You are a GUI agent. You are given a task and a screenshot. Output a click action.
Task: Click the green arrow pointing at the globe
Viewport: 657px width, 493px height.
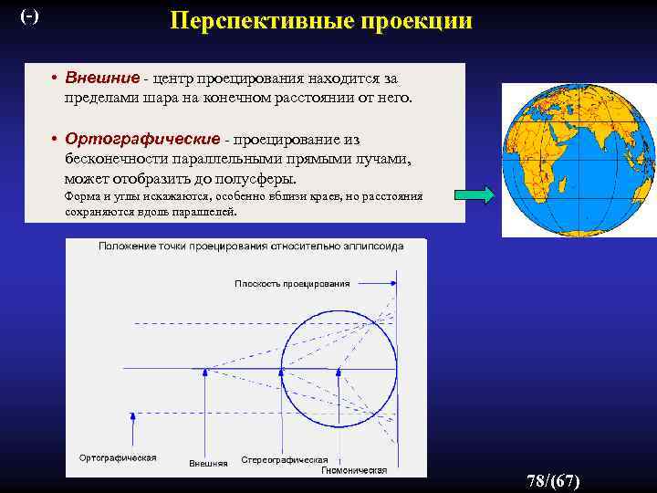(474, 194)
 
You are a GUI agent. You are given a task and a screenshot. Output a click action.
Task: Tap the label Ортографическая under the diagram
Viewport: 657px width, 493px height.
(118, 456)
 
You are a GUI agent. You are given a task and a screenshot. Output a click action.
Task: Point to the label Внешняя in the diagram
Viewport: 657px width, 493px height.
(208, 463)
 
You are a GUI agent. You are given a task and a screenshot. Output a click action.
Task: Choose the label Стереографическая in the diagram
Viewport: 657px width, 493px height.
(284, 459)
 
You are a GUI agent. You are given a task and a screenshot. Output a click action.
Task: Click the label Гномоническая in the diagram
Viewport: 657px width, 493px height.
(354, 470)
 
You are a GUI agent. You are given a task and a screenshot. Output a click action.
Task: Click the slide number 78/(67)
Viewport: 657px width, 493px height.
(553, 481)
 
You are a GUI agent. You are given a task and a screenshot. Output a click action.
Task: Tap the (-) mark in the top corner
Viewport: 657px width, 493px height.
(29, 16)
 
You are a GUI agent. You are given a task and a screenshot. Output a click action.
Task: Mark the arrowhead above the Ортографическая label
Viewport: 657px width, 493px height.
(133, 415)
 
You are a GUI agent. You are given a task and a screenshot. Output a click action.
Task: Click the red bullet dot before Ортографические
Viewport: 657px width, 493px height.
(56, 140)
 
